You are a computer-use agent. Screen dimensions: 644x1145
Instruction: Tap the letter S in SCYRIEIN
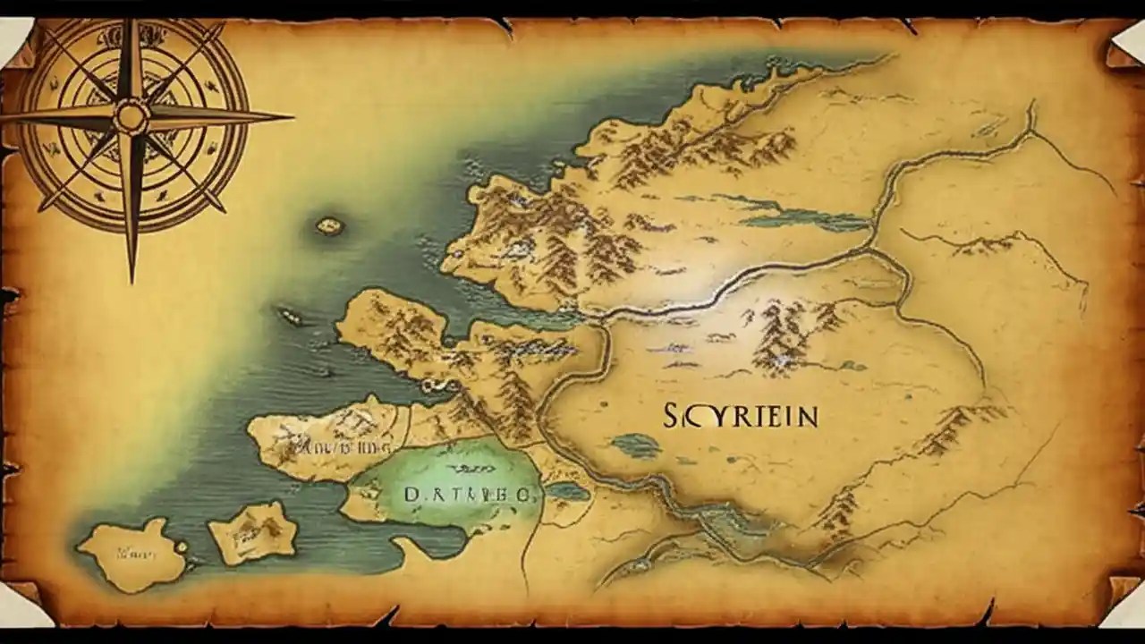point(674,416)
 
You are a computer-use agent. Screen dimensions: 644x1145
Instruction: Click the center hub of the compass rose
point(131,116)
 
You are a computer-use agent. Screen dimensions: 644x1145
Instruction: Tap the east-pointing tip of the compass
point(291,115)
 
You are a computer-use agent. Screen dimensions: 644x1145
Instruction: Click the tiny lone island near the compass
point(329,225)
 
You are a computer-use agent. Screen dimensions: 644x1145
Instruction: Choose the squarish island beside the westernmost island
point(253,531)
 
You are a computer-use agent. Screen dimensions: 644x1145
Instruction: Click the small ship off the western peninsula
point(288,315)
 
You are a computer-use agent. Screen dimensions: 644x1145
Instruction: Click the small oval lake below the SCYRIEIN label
point(636,445)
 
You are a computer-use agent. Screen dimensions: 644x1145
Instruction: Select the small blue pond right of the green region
point(566,491)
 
